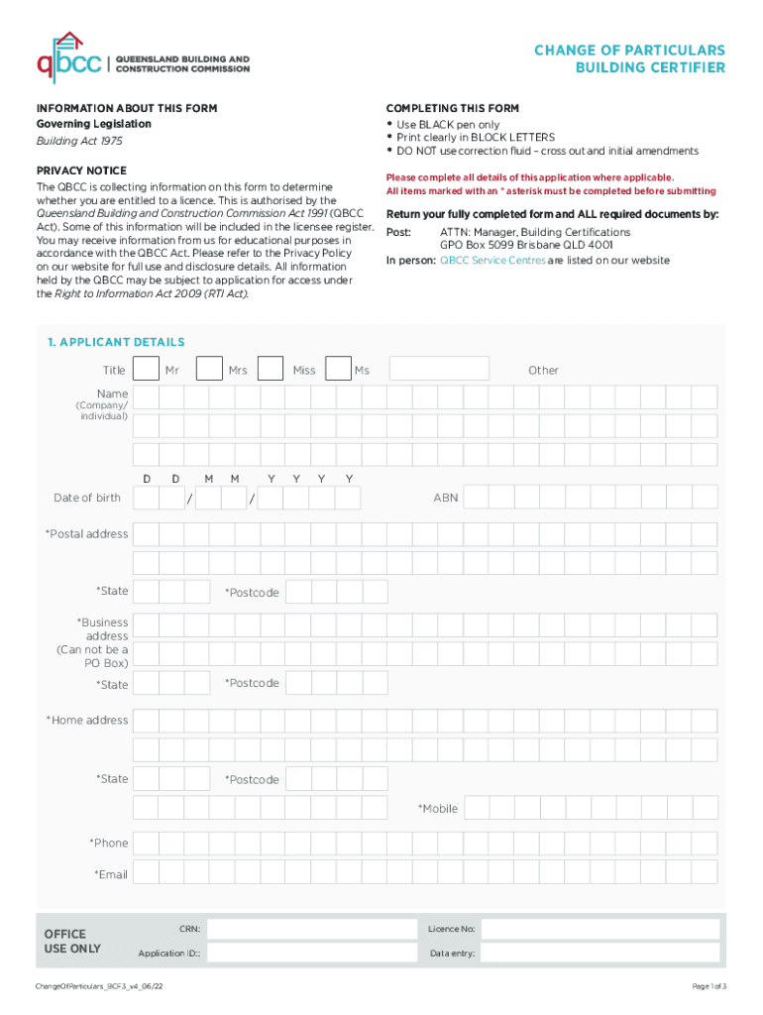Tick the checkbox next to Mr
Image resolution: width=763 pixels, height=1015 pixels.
click(146, 370)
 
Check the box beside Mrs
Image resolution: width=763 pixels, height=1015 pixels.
click(209, 370)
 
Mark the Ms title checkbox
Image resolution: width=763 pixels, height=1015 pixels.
click(338, 370)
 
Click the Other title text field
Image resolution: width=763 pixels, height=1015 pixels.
click(439, 370)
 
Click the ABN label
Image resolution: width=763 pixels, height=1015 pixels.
click(446, 498)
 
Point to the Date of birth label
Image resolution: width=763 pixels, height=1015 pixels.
click(87, 498)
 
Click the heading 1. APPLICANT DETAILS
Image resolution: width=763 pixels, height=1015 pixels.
click(115, 342)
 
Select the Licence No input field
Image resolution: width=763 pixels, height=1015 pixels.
click(599, 930)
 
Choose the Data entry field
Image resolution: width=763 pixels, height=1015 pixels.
click(599, 954)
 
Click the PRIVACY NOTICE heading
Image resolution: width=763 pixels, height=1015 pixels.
click(81, 170)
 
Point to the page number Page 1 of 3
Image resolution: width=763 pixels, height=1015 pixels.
click(708, 987)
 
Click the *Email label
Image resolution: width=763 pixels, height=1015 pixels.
click(111, 874)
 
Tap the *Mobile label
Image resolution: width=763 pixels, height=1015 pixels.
click(438, 809)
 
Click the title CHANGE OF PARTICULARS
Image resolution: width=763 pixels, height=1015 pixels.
click(629, 51)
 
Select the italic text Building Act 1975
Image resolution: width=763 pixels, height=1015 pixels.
click(73, 142)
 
